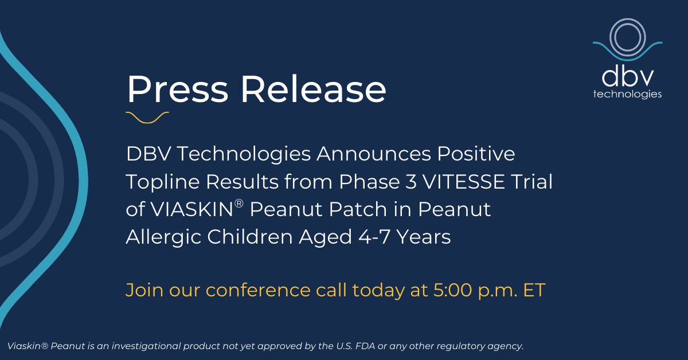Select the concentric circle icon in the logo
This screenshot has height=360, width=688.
(x=627, y=37)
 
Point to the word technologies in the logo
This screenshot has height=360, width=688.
(x=627, y=94)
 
